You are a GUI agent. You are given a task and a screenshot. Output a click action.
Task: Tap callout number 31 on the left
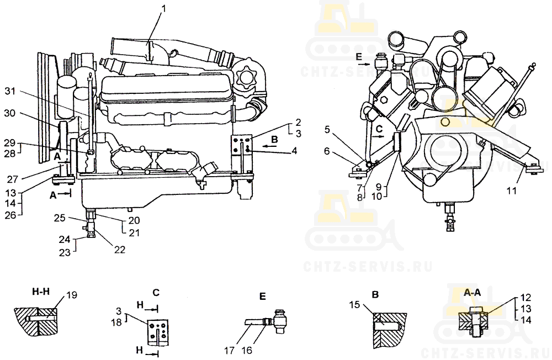(x=10, y=91)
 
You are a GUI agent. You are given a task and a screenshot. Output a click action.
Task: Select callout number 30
(x=10, y=113)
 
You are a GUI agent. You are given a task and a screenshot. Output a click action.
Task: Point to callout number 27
(x=13, y=179)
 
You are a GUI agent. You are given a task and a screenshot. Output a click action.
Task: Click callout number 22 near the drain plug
(x=120, y=250)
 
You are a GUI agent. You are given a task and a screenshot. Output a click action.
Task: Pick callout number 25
(x=60, y=218)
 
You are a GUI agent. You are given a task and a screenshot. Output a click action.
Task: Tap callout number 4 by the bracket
(x=294, y=151)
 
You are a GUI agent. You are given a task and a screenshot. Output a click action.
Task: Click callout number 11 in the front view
(x=511, y=190)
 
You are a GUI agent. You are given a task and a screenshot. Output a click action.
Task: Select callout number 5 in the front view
(x=327, y=130)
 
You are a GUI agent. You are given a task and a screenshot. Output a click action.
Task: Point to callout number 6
(x=327, y=151)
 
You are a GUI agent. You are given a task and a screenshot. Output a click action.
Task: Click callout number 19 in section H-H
(x=71, y=295)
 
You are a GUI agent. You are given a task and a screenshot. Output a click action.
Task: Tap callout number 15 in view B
(x=355, y=304)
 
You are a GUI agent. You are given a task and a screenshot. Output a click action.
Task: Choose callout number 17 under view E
(x=229, y=351)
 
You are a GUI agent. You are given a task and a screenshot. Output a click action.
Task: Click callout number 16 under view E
(x=247, y=351)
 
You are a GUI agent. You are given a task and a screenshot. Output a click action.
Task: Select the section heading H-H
(x=41, y=292)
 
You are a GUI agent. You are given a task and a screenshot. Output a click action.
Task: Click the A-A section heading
(x=473, y=292)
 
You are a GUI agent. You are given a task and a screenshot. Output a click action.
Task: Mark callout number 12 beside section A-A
(x=526, y=298)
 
